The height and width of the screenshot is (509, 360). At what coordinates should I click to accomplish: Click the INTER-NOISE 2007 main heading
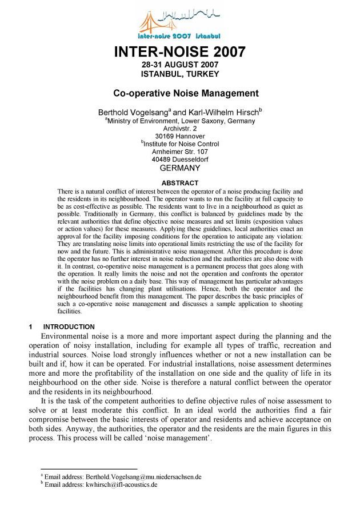coord(180,52)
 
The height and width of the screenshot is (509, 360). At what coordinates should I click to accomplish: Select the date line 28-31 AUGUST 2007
coord(180,65)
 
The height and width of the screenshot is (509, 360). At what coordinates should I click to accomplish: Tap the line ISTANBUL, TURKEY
coord(180,74)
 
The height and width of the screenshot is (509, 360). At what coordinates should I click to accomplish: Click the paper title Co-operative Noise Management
coord(186,93)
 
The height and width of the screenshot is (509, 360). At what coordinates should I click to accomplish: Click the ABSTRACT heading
coord(180,183)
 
